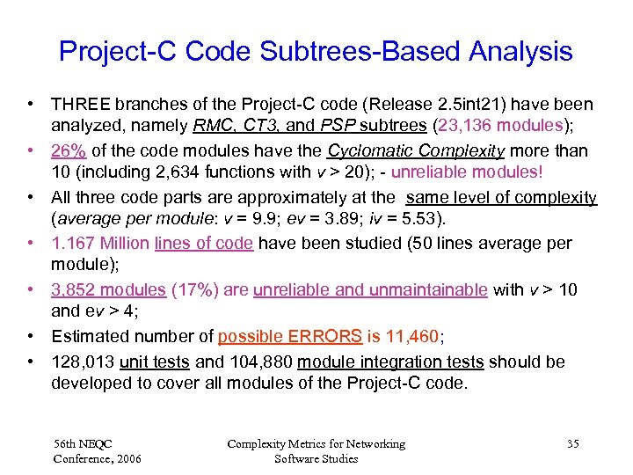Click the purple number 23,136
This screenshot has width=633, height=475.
[x=451, y=126]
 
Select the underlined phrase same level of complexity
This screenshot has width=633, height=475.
[x=501, y=198]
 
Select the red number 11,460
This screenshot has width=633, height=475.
[x=410, y=337]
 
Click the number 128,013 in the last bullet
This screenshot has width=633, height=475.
[x=83, y=362]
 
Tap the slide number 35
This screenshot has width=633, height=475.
[x=572, y=444]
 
